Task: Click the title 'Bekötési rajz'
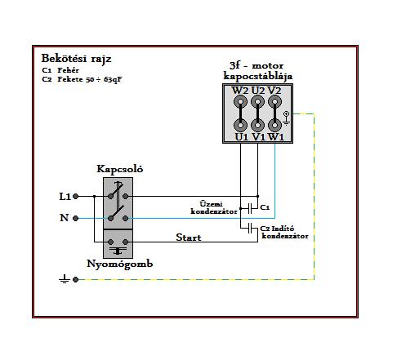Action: tap(76, 59)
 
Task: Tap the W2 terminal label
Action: tap(240, 91)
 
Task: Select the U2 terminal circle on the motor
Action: tap(257, 102)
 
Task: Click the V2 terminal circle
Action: tap(274, 102)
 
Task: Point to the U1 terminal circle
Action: tap(240, 126)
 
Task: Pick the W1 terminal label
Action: tap(276, 137)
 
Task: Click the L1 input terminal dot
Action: tap(76, 196)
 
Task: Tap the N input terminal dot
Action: tap(76, 218)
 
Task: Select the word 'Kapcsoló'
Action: tap(120, 169)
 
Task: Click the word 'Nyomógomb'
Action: tap(120, 264)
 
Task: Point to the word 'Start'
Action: tap(189, 238)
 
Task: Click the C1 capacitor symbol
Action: tap(250, 208)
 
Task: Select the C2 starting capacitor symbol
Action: tap(250, 228)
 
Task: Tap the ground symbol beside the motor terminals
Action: tap(286, 118)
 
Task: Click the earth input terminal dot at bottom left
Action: tap(76, 279)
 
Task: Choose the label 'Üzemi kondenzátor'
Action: tap(214, 207)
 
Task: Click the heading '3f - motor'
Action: tap(256, 65)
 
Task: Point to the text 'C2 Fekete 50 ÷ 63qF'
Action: tap(82, 80)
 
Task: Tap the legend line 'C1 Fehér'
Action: tap(60, 70)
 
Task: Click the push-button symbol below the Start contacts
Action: tap(118, 251)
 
